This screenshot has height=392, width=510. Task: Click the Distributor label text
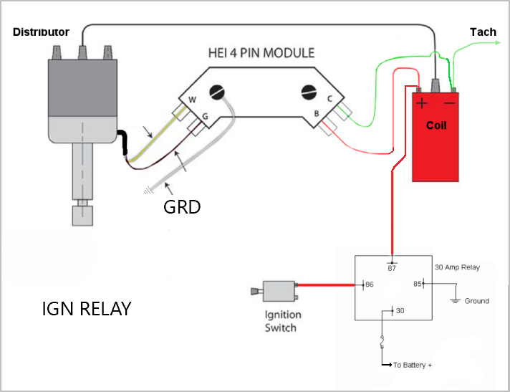pos(41,32)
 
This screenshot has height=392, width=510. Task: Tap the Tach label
pos(482,32)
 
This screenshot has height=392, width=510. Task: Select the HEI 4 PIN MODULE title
pos(259,54)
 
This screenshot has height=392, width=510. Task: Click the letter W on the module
pos(192,100)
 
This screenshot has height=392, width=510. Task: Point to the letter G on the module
pos(206,115)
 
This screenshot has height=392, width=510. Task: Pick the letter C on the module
pos(329,100)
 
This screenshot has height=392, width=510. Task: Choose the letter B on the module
pos(317,113)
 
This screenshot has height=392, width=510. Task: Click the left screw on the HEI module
pos(216,92)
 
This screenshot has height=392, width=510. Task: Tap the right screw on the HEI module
pos(309,92)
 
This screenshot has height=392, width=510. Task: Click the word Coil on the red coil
pos(436,125)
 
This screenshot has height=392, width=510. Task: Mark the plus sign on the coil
pos(423,103)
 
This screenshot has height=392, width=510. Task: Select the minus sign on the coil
pos(450,103)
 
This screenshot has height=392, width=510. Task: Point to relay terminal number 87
pos(393,268)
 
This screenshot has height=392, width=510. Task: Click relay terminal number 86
pos(370,285)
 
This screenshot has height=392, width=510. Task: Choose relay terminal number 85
pos(416,285)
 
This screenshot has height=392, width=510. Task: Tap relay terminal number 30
pos(400,311)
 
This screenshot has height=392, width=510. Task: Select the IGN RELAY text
pos(87,309)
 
